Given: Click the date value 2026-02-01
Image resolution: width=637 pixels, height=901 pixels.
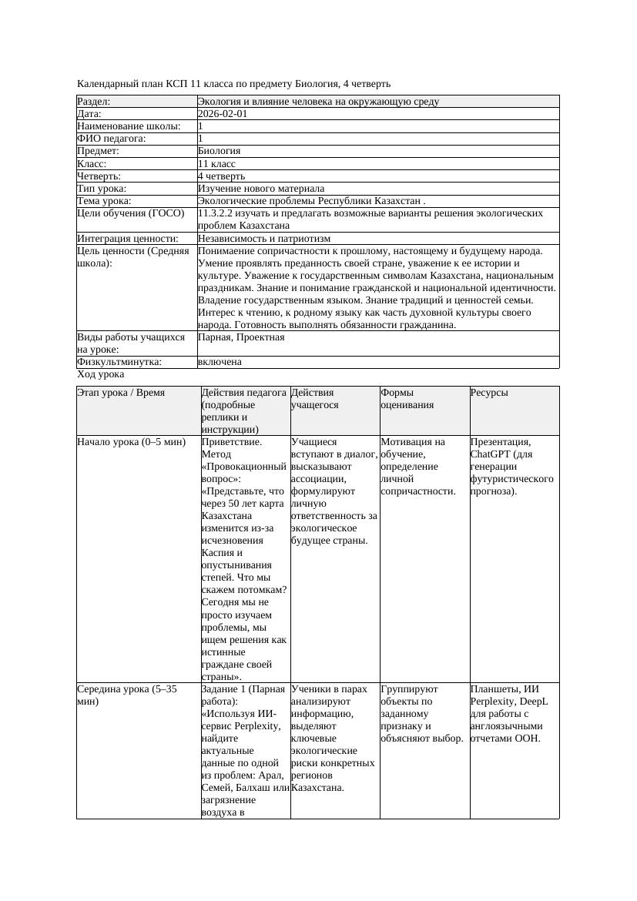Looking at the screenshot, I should pyautogui.click(x=223, y=113).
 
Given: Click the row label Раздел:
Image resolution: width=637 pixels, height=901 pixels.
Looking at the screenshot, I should pyautogui.click(x=94, y=101).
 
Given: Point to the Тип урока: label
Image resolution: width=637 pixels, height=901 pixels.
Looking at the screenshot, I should pyautogui.click(x=102, y=188).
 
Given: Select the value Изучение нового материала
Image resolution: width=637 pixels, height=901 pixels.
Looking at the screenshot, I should pyautogui.click(x=261, y=188).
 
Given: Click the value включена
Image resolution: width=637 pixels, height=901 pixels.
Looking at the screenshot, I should pyautogui.click(x=220, y=361).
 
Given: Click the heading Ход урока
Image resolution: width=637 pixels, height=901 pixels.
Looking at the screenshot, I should pyautogui.click(x=101, y=374).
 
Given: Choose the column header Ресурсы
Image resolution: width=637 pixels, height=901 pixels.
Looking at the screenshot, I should pyautogui.click(x=489, y=392).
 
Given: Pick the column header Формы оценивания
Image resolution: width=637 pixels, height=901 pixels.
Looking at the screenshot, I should pyautogui.click(x=407, y=398).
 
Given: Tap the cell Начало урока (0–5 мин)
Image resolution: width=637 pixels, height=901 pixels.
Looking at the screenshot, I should pyautogui.click(x=132, y=442).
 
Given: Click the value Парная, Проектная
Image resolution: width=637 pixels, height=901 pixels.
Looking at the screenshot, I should pyautogui.click(x=241, y=337).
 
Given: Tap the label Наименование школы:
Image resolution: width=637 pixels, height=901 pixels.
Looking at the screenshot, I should pyautogui.click(x=129, y=126).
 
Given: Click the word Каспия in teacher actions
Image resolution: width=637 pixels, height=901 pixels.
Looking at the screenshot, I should pyautogui.click(x=218, y=552).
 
